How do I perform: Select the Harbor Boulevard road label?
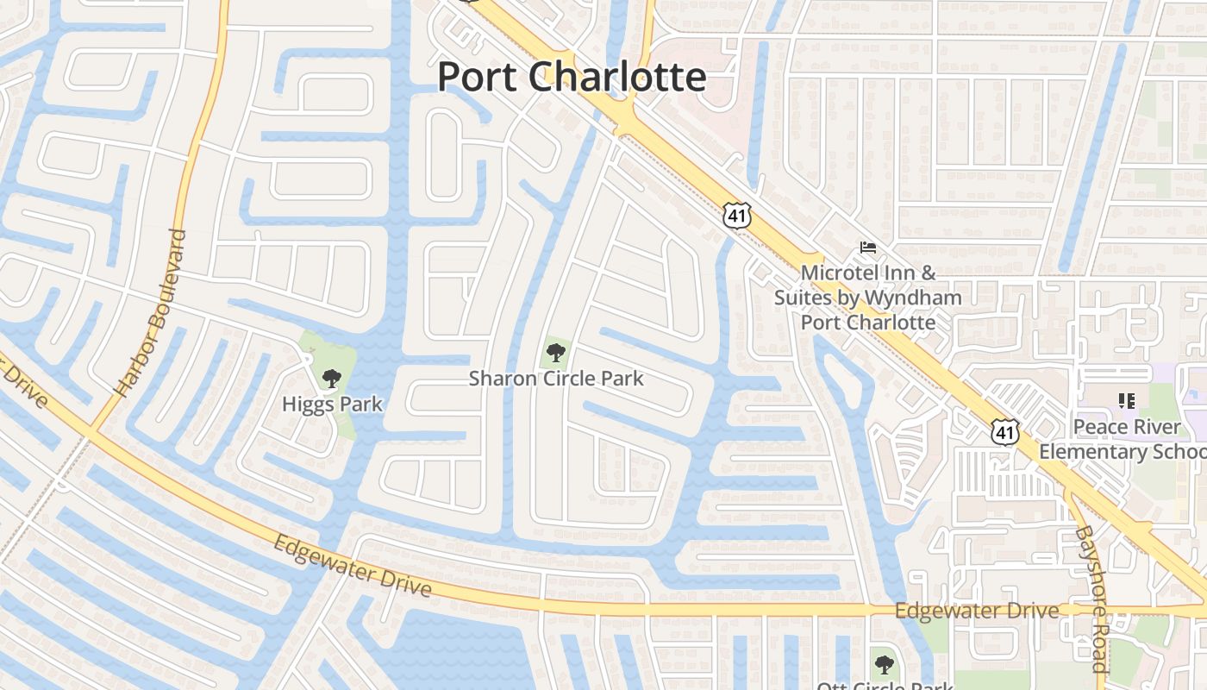[152, 312]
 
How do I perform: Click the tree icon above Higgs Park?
[331, 378]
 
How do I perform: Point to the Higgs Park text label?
[332, 404]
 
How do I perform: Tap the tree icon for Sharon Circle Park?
[556, 351]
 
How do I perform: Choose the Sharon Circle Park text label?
[556, 378]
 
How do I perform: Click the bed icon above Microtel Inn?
[868, 248]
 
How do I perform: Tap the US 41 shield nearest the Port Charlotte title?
[737, 215]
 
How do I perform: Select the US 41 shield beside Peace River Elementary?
[1004, 431]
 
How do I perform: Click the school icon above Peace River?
[1126, 400]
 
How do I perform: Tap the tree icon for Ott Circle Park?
[883, 664]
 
